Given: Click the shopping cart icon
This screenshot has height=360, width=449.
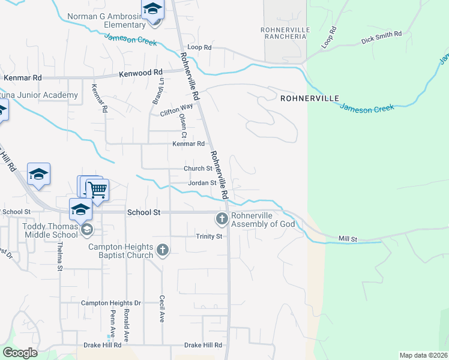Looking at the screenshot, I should point(97,190).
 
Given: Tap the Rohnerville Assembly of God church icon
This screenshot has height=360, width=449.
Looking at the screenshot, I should point(221,220).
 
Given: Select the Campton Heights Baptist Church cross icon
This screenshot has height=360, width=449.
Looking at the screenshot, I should point(162,250).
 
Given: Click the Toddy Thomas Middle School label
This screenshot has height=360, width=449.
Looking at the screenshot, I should point(50,230).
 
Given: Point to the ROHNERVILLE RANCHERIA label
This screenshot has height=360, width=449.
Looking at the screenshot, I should point(285,33).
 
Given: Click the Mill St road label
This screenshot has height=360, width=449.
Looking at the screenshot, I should point(348,239).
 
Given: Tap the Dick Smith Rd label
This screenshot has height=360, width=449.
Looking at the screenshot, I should point(381,38).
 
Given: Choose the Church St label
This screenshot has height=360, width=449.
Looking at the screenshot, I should point(198,169).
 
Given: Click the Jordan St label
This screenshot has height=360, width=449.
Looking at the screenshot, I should point(202,183).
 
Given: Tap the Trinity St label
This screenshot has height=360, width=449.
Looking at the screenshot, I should point(209,236).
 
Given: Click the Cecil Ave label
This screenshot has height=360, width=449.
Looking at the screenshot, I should point(162,308).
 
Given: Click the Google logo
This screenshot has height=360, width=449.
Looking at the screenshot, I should point(20,353).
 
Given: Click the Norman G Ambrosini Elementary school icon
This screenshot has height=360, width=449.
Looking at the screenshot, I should point(152,10).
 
